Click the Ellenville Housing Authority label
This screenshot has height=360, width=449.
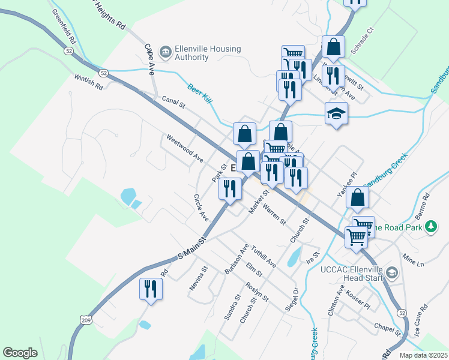[x=190, y=53]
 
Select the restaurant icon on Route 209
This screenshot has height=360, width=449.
[x=151, y=289]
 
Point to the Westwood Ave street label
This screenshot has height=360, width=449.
[x=185, y=148]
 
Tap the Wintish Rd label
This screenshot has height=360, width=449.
[x=89, y=82]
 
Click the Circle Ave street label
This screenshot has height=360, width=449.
[x=201, y=206]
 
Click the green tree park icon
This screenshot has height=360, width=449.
[x=430, y=227]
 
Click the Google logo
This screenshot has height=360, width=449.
[x=20, y=353]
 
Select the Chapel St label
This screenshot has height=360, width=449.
[x=387, y=328]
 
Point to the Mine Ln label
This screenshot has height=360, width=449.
[x=413, y=262]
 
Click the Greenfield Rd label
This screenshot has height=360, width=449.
[x=64, y=26]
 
